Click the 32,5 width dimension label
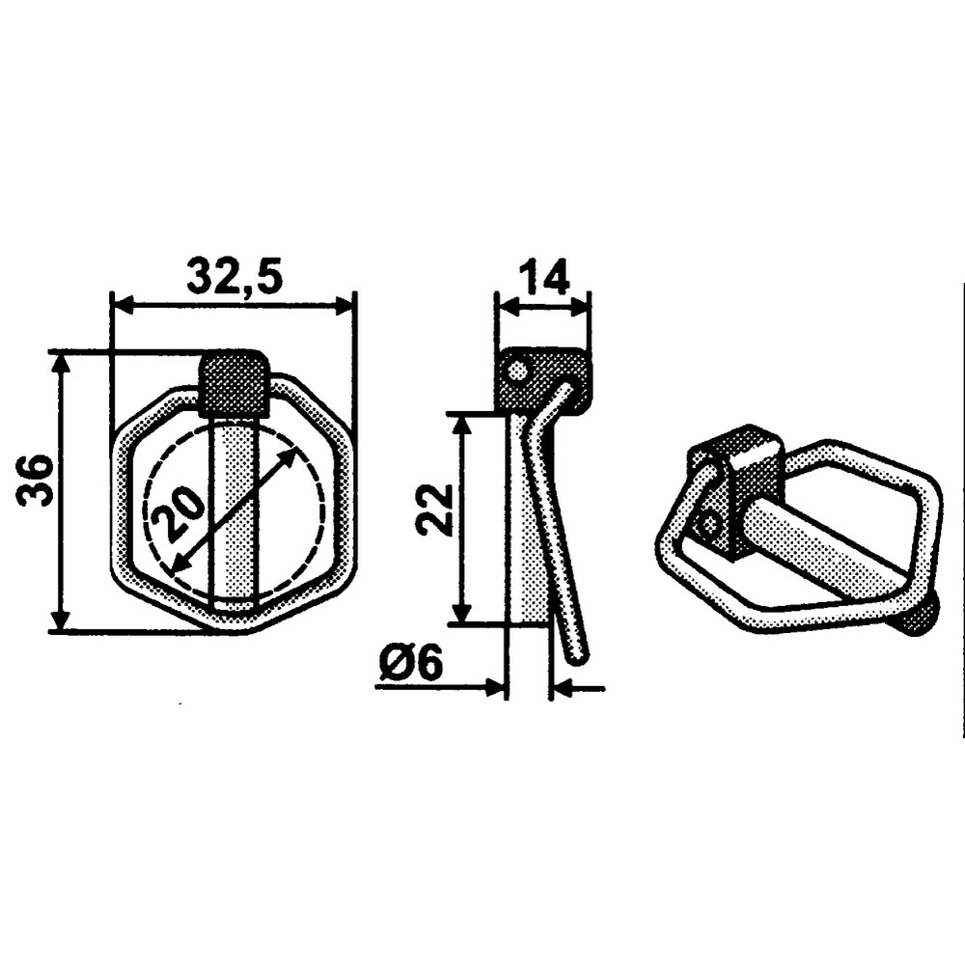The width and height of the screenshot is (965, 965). tap(234, 277)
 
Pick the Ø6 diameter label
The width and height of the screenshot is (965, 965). tap(410, 664)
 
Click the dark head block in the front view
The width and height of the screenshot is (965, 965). tap(234, 383)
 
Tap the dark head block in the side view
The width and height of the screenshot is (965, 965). tap(540, 380)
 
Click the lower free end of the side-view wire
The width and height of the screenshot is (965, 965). tap(577, 656)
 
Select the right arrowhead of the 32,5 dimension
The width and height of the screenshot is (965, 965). tap(347, 306)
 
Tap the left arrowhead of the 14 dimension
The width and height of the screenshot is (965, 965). tap(503, 306)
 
